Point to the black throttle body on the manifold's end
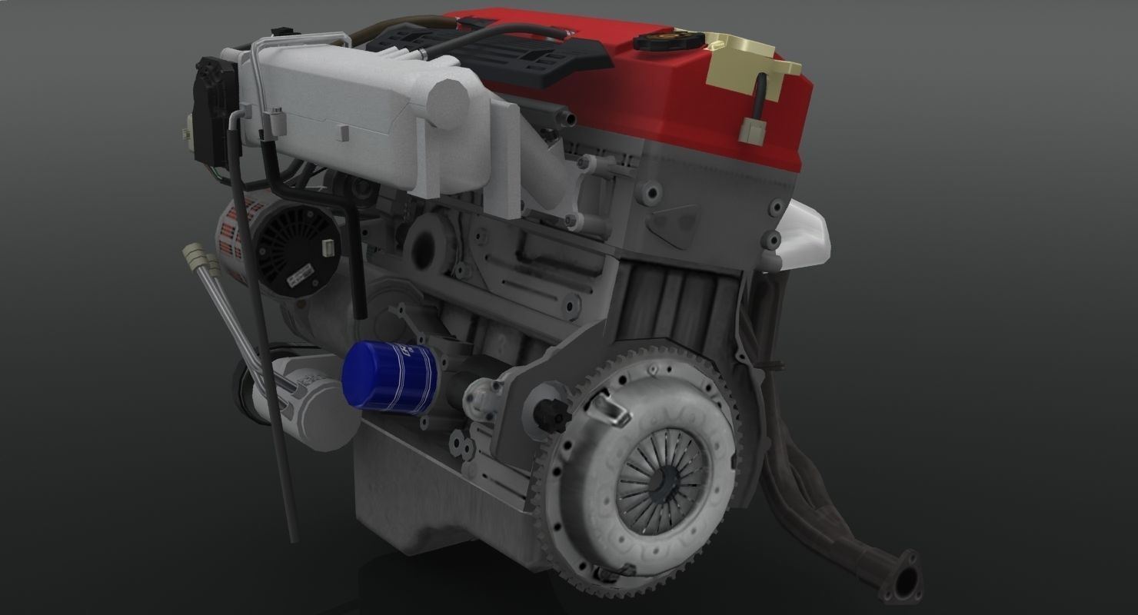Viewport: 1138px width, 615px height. point(210,115)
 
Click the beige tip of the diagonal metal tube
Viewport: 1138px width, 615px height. point(195,254)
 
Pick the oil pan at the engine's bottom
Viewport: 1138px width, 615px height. point(431,492)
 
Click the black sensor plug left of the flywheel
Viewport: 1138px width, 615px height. point(553,415)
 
